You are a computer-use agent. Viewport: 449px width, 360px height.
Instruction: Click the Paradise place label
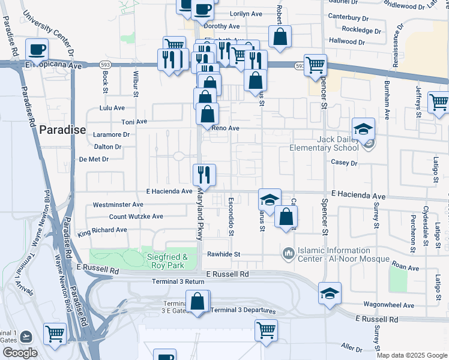pyautogui.click(x=62, y=130)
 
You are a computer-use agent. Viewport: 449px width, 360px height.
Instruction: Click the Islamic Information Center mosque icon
pyautogui.click(x=288, y=254)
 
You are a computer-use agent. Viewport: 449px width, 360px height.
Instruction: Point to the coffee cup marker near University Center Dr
pyautogui.click(x=37, y=49)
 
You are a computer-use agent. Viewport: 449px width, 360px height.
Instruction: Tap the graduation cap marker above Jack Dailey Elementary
pyautogui.click(x=363, y=128)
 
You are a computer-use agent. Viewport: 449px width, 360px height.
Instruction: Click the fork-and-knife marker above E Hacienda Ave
pyautogui.click(x=204, y=175)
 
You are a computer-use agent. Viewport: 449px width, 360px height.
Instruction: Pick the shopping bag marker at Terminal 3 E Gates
pyautogui.click(x=197, y=301)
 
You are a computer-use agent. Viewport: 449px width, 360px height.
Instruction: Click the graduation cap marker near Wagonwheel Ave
pyautogui.click(x=330, y=293)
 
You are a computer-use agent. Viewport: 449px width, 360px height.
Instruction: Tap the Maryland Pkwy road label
pyautogui.click(x=200, y=216)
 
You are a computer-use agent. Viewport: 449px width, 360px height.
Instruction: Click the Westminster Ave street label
pyautogui.click(x=118, y=205)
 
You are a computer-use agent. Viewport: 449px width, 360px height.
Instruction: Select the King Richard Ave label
pyautogui.click(x=102, y=230)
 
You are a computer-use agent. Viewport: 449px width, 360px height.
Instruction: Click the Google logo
pyautogui.click(x=20, y=353)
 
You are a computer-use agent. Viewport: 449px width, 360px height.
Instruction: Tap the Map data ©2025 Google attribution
pyautogui.click(x=411, y=355)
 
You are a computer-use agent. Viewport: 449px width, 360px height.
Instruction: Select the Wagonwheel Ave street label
pyautogui.click(x=389, y=305)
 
